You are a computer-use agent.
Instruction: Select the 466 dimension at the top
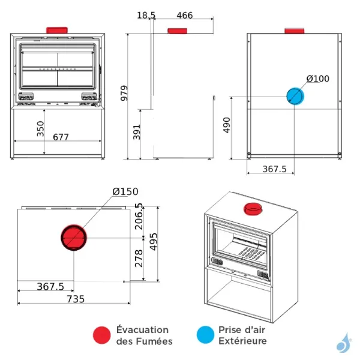(185, 15)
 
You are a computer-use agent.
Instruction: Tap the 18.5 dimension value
(145, 15)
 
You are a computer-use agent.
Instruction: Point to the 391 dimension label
(136, 132)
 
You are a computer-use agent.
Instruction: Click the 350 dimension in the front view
(40, 129)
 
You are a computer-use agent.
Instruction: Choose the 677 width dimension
(61, 137)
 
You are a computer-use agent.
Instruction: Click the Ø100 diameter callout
(318, 79)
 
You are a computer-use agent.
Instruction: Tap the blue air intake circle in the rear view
(295, 96)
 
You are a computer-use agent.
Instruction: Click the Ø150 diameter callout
(125, 191)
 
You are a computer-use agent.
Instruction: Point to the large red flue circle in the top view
(74, 238)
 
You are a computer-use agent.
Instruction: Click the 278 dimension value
(139, 258)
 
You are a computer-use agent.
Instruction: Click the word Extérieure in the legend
(242, 341)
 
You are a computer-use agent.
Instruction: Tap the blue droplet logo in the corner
(342, 344)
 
